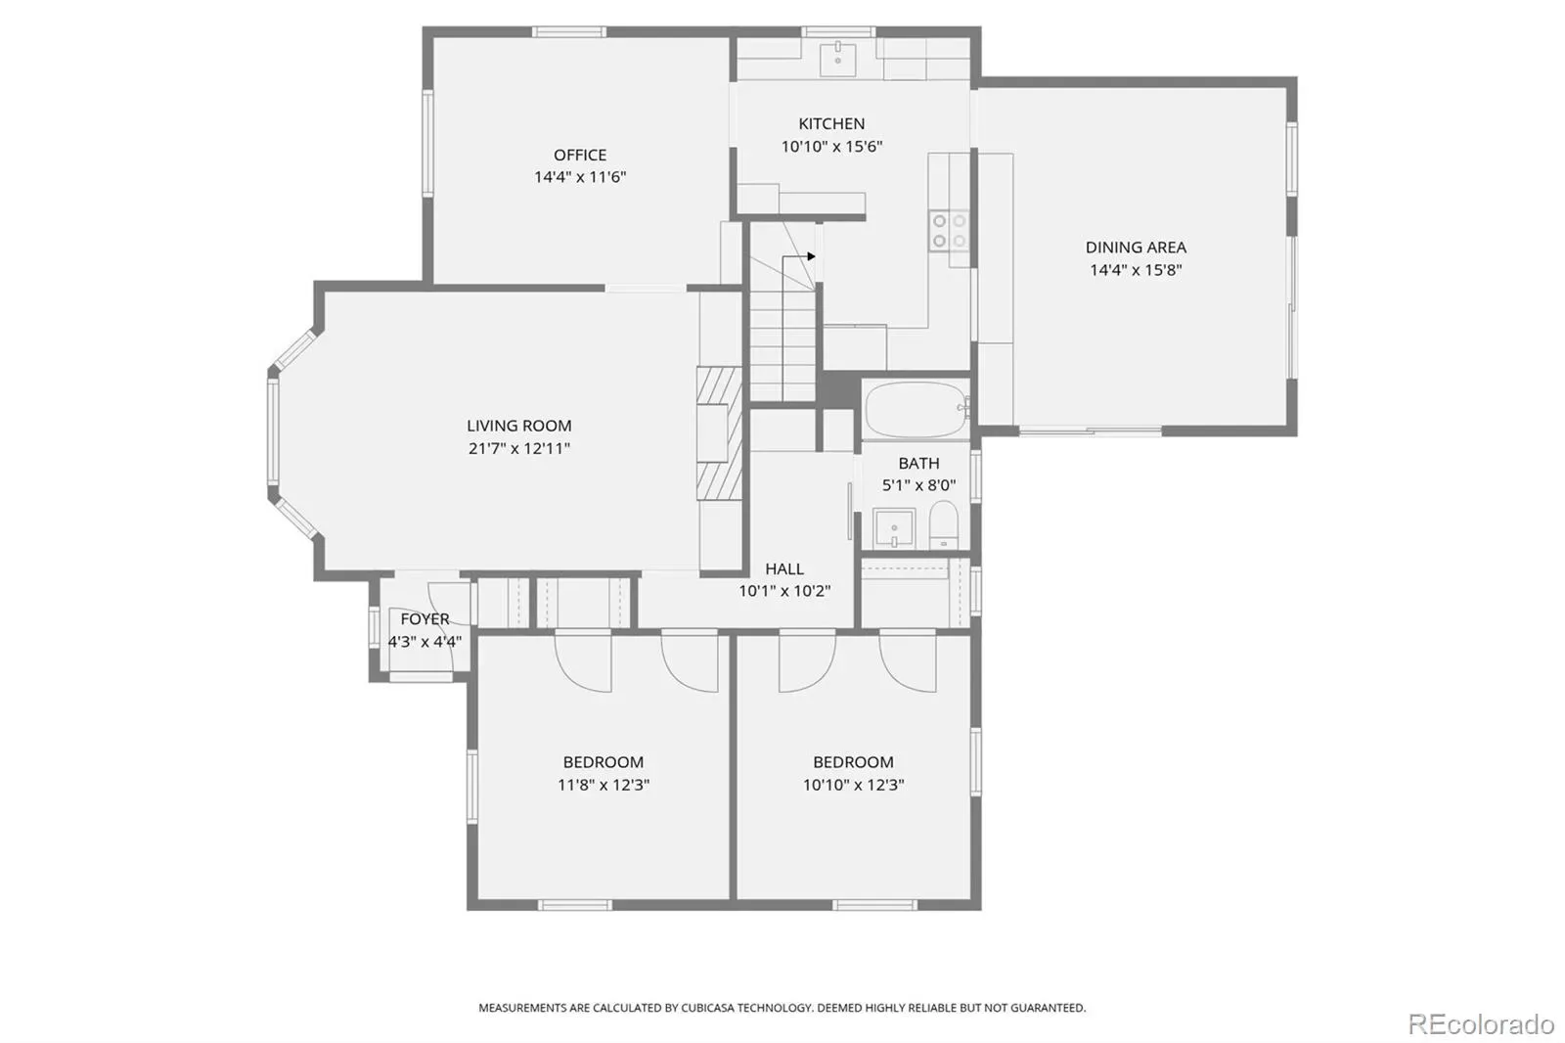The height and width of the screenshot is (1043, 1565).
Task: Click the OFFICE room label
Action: pos(580,155)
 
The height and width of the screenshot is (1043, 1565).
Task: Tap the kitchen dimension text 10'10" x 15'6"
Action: pos(831,147)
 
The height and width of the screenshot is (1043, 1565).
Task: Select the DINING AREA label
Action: pos(1136,248)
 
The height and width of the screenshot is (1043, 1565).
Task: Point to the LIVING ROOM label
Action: pos(519,426)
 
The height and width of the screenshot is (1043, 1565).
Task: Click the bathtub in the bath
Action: pos(917,410)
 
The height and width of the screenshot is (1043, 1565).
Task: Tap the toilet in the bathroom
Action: pos(943,524)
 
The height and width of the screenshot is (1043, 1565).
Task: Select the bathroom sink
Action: pos(894,528)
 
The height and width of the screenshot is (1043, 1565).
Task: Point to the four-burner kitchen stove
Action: pos(950,231)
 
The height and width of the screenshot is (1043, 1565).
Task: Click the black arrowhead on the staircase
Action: pos(811,256)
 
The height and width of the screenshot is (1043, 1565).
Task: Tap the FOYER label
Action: pos(425,619)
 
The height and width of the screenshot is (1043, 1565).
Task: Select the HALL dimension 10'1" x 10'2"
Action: pos(784,591)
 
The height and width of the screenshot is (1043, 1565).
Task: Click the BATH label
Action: pos(918,464)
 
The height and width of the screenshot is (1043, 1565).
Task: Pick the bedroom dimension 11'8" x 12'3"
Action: pos(604,785)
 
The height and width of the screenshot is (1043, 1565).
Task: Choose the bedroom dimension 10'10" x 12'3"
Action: pos(853,785)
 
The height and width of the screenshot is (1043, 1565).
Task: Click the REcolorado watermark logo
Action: pos(1481,1024)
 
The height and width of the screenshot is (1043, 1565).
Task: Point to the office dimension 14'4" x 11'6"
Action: pos(580,177)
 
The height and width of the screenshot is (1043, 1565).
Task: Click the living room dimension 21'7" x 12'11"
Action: pos(519,449)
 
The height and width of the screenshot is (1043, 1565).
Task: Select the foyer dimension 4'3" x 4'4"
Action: pos(425,642)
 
